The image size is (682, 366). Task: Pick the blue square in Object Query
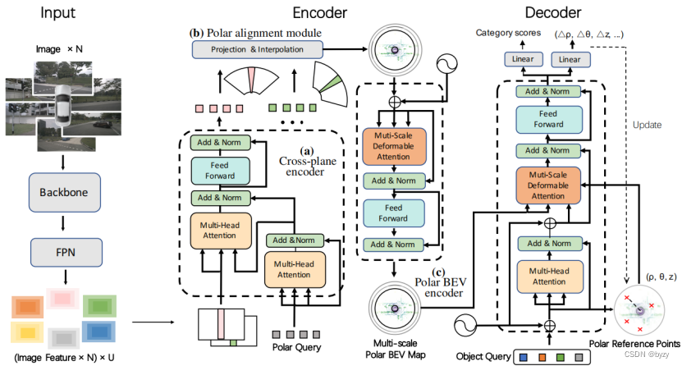(522, 356)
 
